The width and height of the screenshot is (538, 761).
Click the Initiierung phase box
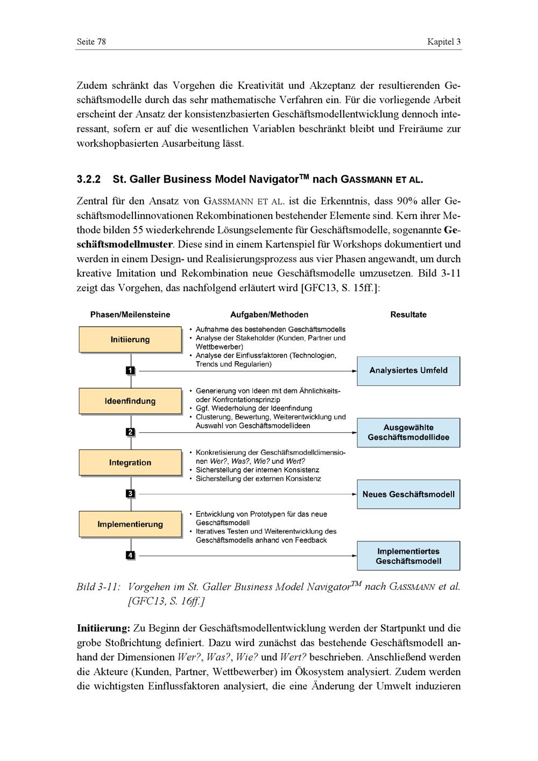click(x=130, y=340)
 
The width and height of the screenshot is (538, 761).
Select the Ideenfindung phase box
click(x=130, y=401)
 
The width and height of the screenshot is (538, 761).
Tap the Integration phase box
click(x=130, y=463)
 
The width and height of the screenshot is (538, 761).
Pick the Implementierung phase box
click(x=130, y=524)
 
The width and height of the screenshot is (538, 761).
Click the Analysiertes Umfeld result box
click(x=408, y=371)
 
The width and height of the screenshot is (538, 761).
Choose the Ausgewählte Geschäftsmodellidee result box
click(x=408, y=433)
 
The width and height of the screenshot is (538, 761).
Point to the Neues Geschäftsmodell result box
click(x=408, y=495)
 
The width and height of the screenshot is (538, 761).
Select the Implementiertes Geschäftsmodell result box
click(x=408, y=556)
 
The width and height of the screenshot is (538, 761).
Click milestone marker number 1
click(x=130, y=370)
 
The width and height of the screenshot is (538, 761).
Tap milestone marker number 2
click(x=130, y=432)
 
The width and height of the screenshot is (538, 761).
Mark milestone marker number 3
click(x=130, y=494)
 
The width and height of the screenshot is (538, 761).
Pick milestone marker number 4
click(x=130, y=555)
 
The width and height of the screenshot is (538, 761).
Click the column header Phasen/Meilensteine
click(x=130, y=315)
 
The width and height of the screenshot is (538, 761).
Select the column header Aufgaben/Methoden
click(x=269, y=315)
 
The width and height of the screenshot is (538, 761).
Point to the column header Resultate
click(x=408, y=315)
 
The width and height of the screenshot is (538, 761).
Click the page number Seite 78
click(x=91, y=42)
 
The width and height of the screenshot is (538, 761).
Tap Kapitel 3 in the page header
click(x=444, y=42)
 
